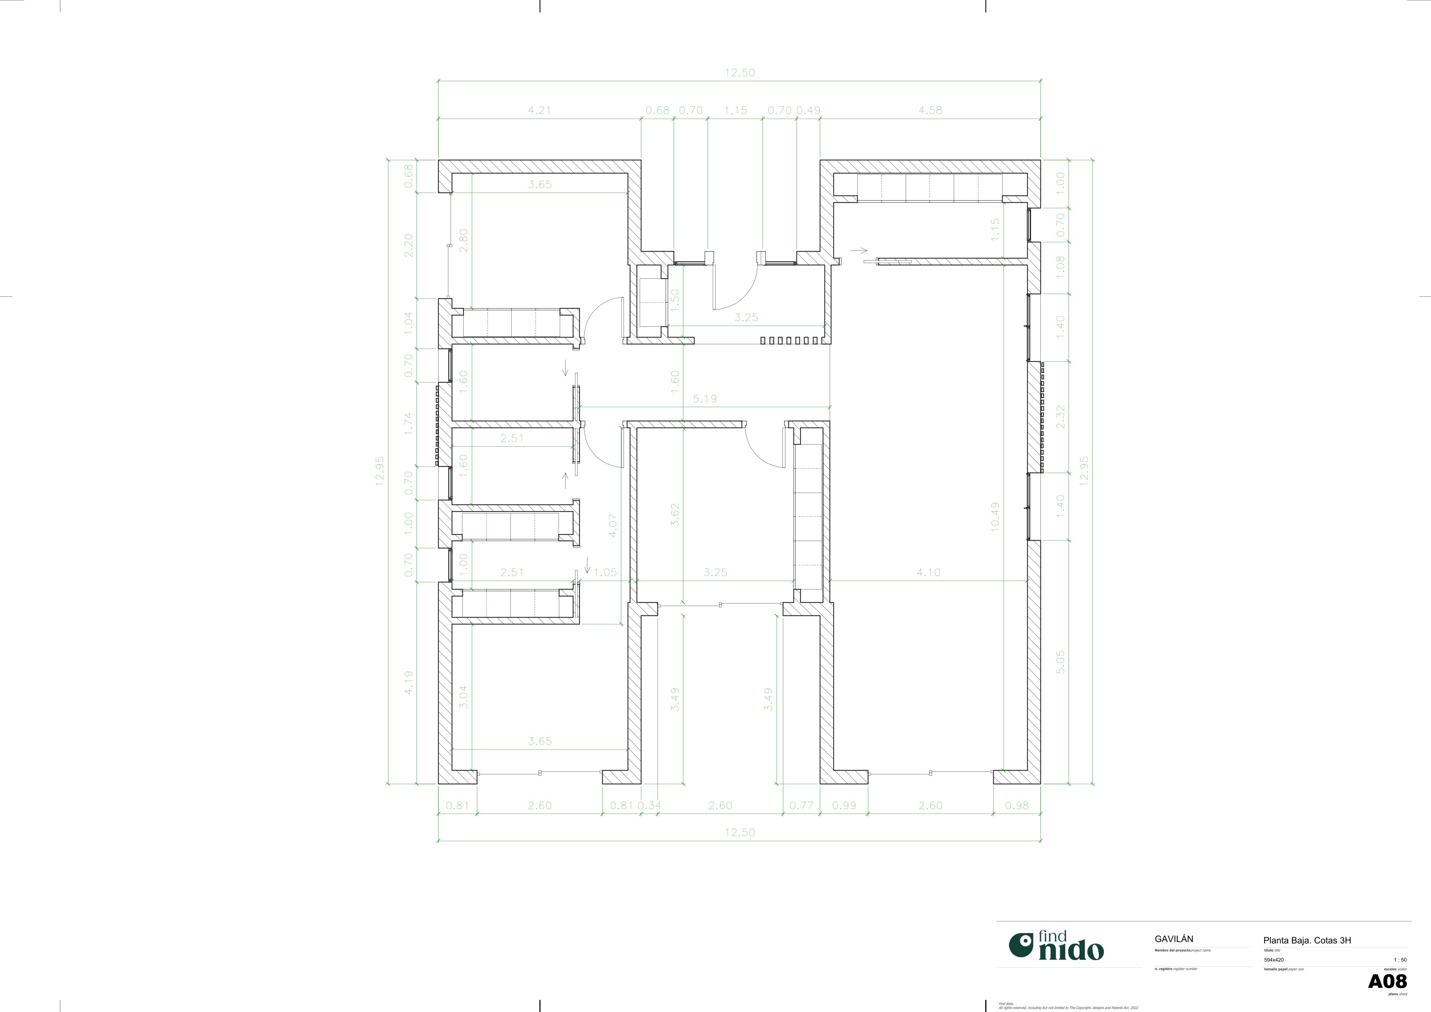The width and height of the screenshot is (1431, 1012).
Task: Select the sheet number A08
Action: pos(1387,981)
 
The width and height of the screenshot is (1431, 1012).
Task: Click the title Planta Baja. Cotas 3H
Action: pos(1307,940)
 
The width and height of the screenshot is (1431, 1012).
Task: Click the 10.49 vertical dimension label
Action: pos(995,516)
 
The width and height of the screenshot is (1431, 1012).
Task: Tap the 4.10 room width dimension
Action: pos(928,572)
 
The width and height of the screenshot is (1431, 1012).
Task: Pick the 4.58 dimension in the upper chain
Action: pos(930,111)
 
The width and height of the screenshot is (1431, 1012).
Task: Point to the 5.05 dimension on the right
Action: pos(1061,662)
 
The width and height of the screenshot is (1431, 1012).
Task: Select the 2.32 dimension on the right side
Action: pos(1061,417)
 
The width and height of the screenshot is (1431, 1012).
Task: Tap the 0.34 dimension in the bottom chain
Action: pos(649,805)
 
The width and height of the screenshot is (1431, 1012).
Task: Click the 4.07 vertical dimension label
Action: pos(613,525)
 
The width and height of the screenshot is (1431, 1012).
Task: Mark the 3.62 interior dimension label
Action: pos(674,515)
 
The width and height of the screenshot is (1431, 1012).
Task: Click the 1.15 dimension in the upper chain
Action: pos(735,111)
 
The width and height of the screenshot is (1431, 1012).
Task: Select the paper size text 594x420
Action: pos(1273,960)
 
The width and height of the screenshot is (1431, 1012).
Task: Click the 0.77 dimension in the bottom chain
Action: pos(801,805)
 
